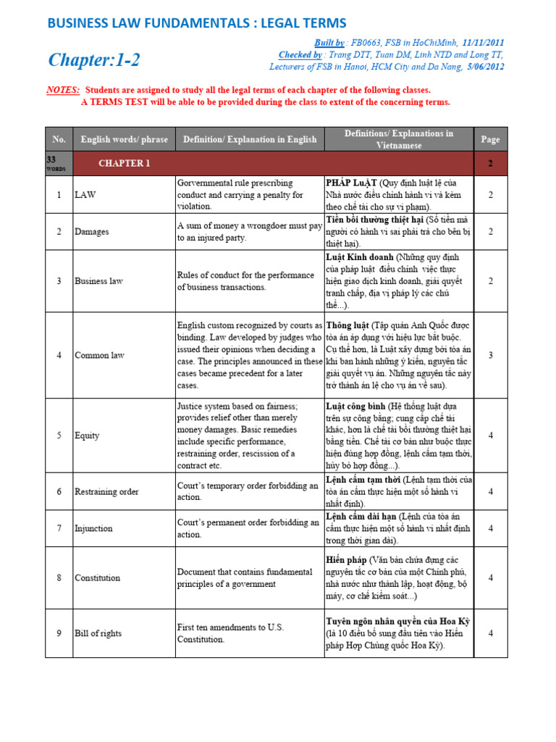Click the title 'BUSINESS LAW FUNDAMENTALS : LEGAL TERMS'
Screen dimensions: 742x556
(196, 23)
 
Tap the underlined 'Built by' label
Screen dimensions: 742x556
(329, 43)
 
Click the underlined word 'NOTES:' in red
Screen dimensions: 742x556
(63, 91)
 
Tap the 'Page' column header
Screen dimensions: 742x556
(490, 139)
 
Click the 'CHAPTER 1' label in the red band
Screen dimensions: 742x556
(125, 164)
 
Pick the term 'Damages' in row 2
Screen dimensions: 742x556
(93, 232)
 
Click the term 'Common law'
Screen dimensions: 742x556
(100, 356)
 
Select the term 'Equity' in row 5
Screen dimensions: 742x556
(87, 435)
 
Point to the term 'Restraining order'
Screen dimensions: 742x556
(106, 492)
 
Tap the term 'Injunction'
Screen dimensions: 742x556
(93, 528)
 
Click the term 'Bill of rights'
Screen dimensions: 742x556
(98, 633)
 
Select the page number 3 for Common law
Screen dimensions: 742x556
(490, 356)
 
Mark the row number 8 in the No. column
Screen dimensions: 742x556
(59, 578)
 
